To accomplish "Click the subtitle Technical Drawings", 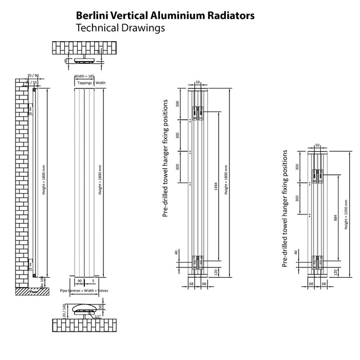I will click(x=120, y=28).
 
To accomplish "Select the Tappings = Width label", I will click(x=91, y=83).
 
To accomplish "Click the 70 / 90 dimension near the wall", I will click(x=32, y=76).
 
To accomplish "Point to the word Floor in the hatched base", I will click(x=34, y=291).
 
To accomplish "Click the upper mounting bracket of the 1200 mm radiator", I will click(x=317, y=175).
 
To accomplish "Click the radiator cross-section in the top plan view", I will click(x=86, y=60).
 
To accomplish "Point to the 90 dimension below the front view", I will click(x=79, y=281).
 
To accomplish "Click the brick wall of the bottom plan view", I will click(x=86, y=325).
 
